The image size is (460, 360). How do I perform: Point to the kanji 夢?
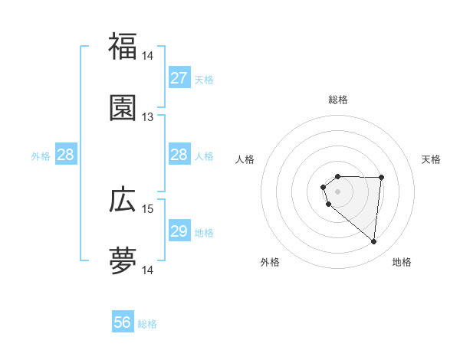point(123,261)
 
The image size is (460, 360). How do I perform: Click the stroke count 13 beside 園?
point(147,116)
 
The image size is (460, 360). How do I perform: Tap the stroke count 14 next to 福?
point(147,56)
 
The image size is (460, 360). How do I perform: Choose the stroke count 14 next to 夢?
point(147,270)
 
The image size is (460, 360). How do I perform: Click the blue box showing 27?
point(179,78)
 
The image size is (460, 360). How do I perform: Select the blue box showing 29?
point(179,231)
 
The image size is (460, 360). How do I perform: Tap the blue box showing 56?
point(123,322)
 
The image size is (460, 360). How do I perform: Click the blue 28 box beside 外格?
point(66,155)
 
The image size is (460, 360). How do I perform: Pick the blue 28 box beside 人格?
point(179,155)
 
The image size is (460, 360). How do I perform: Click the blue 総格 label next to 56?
point(147,324)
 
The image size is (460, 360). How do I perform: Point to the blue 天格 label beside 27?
point(204,80)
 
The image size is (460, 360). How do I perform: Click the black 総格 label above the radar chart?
point(338,100)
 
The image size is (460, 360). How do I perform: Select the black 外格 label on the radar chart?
point(270,262)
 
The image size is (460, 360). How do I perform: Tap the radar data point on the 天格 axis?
point(382,178)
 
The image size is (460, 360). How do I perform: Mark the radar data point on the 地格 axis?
point(373,242)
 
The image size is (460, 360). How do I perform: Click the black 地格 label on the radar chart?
point(402,262)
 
